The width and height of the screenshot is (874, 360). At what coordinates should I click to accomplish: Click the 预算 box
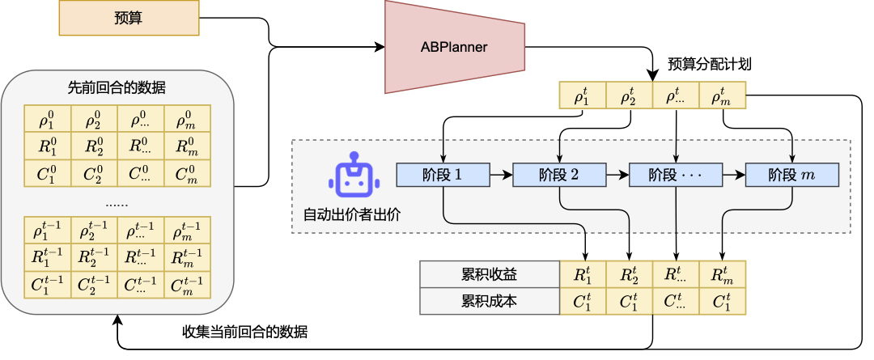pyautogui.click(x=129, y=18)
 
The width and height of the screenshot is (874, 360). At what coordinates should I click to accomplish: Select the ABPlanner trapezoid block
pyautogui.click(x=454, y=47)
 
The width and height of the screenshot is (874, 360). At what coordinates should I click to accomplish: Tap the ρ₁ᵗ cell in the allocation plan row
pyautogui.click(x=583, y=96)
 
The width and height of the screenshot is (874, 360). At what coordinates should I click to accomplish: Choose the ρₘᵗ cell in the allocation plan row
pyautogui.click(x=722, y=96)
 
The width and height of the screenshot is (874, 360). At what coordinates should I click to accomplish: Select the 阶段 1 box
pyautogui.click(x=443, y=174)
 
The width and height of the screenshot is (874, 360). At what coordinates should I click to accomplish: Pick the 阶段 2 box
pyautogui.click(x=559, y=174)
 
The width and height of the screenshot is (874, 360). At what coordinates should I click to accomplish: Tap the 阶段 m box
pyautogui.click(x=791, y=174)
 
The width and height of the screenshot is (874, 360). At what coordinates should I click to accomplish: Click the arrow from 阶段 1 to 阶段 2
pyautogui.click(x=501, y=174)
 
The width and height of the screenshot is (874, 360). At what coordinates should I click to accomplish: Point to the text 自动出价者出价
pyautogui.click(x=351, y=215)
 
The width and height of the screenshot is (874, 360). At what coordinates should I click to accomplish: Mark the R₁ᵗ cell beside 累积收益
pyautogui.click(x=583, y=274)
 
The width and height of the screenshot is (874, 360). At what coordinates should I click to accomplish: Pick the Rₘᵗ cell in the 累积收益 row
pyautogui.click(x=722, y=274)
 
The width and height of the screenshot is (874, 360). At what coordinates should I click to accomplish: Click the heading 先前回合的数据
pyautogui.click(x=117, y=87)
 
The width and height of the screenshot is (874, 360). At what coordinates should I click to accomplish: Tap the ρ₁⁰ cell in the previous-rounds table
pyautogui.click(x=48, y=119)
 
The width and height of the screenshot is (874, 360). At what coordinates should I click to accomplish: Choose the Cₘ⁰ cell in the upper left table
pyautogui.click(x=187, y=172)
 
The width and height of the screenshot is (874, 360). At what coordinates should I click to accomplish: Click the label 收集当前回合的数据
pyautogui.click(x=245, y=332)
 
